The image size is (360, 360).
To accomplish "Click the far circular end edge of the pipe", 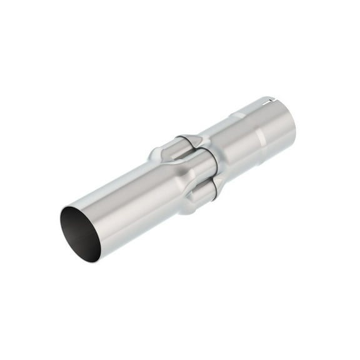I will [291, 122].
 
